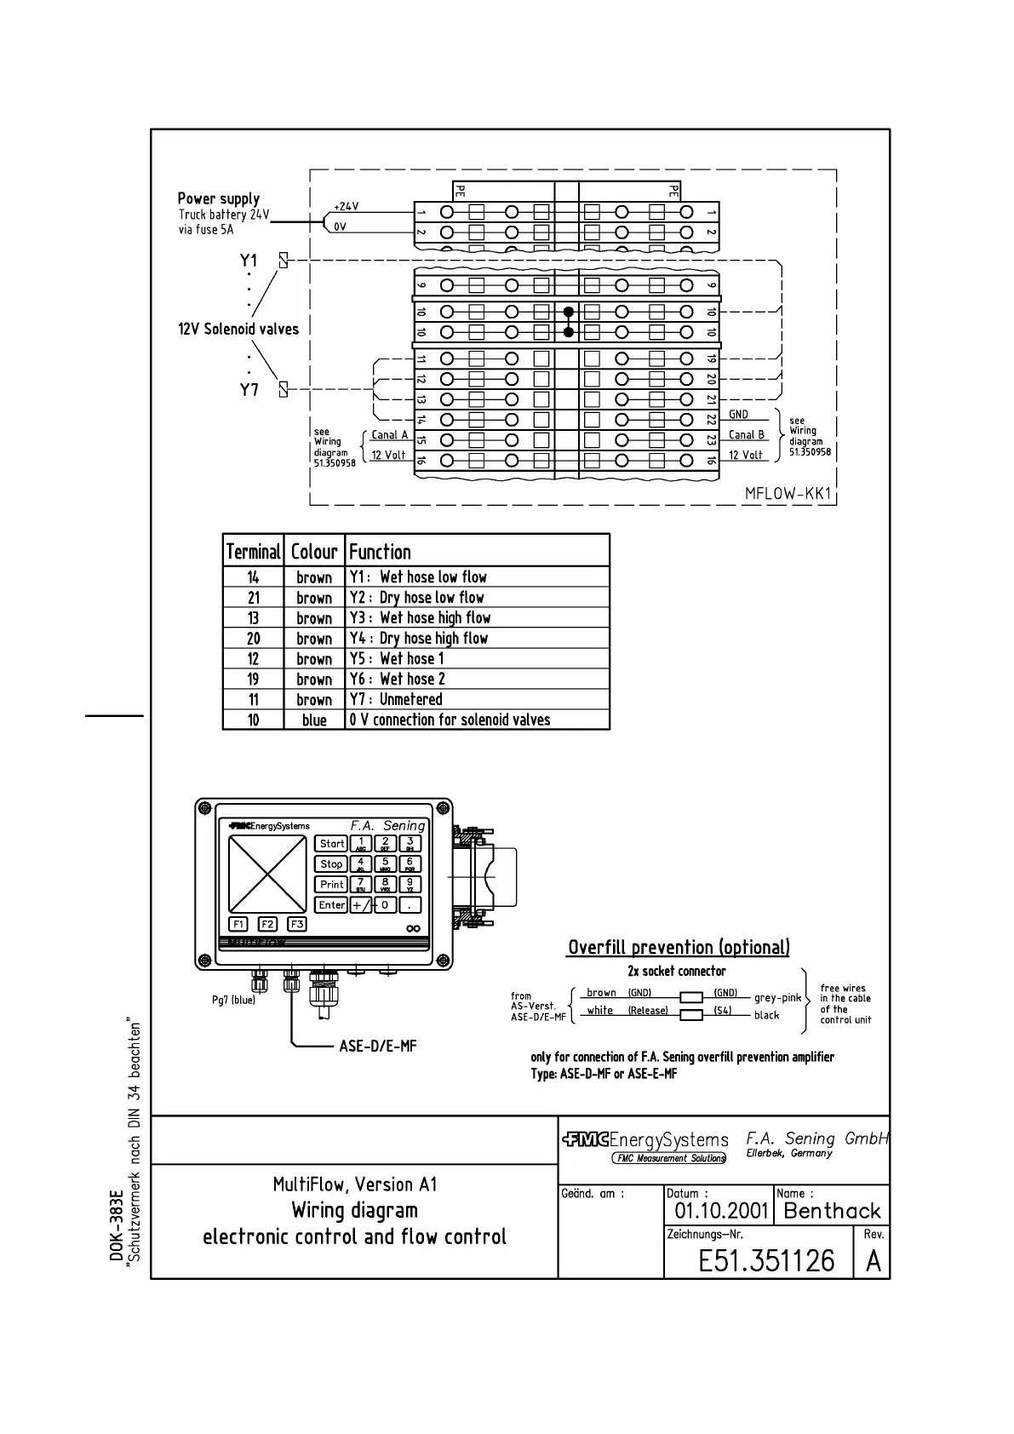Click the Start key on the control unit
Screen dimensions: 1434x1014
(x=331, y=844)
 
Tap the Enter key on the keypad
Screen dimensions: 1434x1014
(x=331, y=905)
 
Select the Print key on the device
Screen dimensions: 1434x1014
(x=331, y=885)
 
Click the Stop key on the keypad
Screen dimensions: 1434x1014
(x=331, y=864)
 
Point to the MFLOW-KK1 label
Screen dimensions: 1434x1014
(x=787, y=494)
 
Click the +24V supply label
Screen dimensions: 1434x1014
(x=346, y=207)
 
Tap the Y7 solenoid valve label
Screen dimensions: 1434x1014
(x=249, y=390)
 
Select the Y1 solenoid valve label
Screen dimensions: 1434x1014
(x=249, y=261)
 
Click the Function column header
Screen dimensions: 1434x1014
(x=380, y=552)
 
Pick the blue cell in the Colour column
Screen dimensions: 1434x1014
(x=314, y=720)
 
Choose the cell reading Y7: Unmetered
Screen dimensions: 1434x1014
(x=396, y=700)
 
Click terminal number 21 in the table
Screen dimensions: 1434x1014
(x=254, y=598)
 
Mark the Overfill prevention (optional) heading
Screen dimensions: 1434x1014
(x=679, y=948)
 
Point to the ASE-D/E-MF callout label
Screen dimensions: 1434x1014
(x=377, y=1046)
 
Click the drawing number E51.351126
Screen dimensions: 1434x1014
(x=766, y=1260)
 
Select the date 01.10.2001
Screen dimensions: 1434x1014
(x=721, y=1211)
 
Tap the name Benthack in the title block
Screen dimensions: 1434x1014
(x=832, y=1211)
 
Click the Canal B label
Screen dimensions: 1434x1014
(x=746, y=435)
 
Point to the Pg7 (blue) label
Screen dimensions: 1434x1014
(x=233, y=1000)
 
